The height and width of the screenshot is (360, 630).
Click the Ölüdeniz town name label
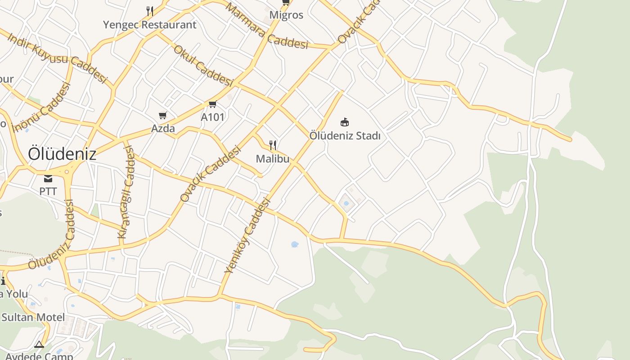click(62, 154)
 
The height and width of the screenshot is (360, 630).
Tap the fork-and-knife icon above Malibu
click(273, 145)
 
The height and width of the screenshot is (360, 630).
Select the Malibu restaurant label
click(273, 159)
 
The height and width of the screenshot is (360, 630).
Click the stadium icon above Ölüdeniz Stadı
click(345, 122)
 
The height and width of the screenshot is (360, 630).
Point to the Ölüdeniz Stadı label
click(345, 135)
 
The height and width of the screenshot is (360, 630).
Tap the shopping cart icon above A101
click(212, 104)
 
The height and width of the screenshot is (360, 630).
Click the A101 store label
click(212, 117)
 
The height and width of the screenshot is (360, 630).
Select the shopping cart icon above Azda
click(163, 116)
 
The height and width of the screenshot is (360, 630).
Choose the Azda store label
click(163, 129)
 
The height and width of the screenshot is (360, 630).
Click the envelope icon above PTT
click(48, 179)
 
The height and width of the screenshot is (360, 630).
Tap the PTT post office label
click(48, 191)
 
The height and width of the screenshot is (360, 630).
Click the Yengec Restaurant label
click(150, 25)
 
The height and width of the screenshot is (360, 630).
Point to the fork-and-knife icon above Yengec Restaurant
click(150, 10)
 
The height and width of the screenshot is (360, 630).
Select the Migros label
click(286, 15)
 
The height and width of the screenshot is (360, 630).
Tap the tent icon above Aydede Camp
click(39, 345)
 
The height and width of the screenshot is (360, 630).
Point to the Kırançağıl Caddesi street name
click(126, 193)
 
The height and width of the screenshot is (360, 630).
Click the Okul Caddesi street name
click(203, 66)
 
